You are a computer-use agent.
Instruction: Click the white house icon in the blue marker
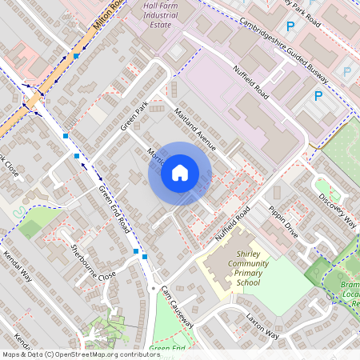coord(180,173)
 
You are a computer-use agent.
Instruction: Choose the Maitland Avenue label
coord(194,128)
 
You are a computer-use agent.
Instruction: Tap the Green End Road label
coord(114,210)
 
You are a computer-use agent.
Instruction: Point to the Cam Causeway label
coord(177,306)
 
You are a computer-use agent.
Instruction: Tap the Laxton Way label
coord(262,325)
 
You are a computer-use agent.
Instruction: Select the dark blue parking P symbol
coord(318,97)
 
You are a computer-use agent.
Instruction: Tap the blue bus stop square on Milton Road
coord(76,57)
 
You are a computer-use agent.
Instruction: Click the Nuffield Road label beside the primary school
coord(233,224)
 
